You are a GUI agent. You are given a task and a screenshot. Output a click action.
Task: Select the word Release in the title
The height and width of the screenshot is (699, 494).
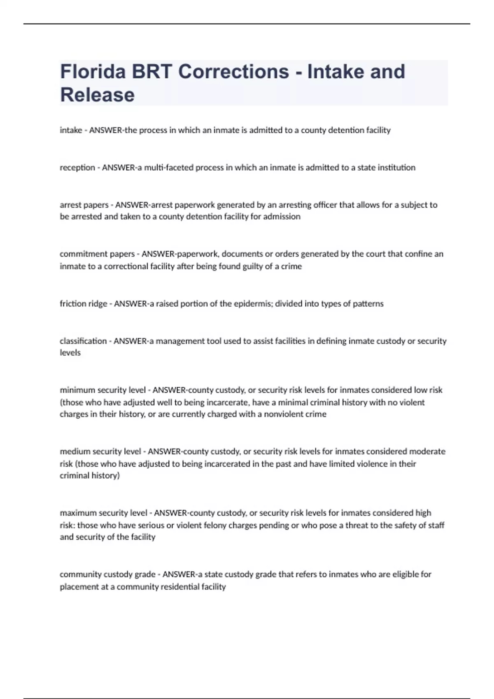[x=98, y=95]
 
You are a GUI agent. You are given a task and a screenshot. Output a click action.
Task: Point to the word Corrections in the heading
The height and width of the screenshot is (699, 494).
[x=234, y=72]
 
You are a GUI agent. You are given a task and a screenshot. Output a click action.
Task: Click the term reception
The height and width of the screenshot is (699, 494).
[x=77, y=168]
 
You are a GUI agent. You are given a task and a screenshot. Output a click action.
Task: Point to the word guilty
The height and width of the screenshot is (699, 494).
[x=249, y=266]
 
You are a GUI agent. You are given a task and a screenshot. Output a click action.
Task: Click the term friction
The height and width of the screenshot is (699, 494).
[x=70, y=304]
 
